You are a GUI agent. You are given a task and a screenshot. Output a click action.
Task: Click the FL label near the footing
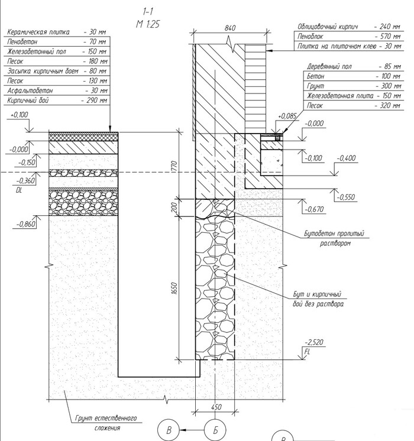tap(306, 351)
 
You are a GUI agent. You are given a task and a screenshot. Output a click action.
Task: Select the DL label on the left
tap(20, 191)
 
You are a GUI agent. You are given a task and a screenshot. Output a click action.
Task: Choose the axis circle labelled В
tap(169, 430)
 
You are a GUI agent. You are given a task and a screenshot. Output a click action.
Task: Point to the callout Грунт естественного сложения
tap(106, 423)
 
